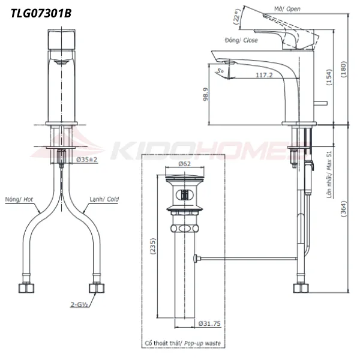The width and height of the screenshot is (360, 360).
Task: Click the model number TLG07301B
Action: click(x=41, y=11)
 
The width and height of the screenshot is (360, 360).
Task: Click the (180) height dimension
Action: click(x=343, y=67)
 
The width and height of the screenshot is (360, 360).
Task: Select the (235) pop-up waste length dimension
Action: click(x=152, y=246)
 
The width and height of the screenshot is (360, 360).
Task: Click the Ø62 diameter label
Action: click(x=185, y=163)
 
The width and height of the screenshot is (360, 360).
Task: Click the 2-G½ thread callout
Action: click(x=81, y=305)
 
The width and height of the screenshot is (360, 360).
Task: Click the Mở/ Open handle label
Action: click(x=286, y=9)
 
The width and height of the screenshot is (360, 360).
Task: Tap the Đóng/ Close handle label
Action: click(x=241, y=40)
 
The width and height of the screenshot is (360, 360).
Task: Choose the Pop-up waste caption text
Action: click(x=182, y=344)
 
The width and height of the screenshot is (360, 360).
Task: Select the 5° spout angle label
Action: click(x=221, y=71)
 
